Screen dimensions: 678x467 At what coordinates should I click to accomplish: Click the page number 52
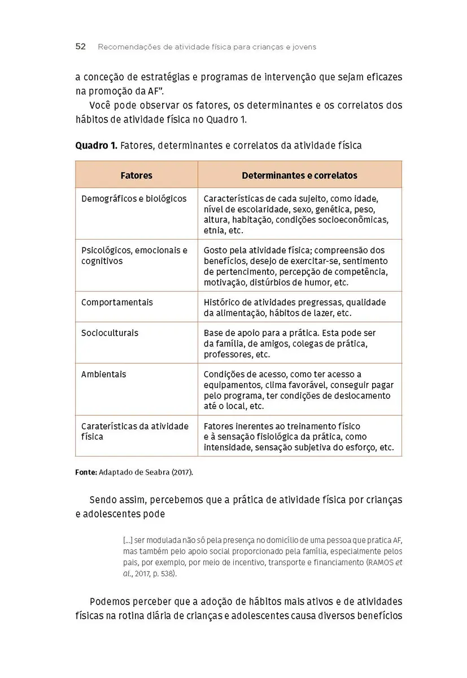80,47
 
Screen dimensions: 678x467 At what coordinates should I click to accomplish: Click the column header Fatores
137,176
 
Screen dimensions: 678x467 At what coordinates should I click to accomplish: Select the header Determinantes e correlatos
299,176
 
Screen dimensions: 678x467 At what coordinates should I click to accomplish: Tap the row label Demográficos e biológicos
134,199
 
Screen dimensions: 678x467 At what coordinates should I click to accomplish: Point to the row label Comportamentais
117,302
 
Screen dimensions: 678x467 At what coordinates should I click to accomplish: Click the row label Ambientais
104,374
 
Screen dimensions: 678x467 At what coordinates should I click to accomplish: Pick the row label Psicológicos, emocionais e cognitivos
134,255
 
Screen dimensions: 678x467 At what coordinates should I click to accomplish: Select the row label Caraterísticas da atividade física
134,431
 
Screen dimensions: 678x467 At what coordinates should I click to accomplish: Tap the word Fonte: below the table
86,472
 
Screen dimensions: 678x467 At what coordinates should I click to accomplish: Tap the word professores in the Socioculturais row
228,355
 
